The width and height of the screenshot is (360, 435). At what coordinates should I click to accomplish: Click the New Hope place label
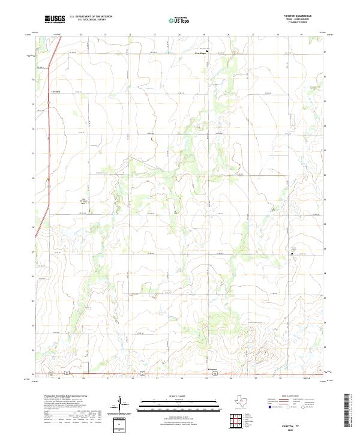click(200, 53)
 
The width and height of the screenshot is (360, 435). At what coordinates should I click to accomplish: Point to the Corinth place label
click(56, 91)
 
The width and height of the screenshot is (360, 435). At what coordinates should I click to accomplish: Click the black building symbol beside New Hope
click(208, 52)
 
